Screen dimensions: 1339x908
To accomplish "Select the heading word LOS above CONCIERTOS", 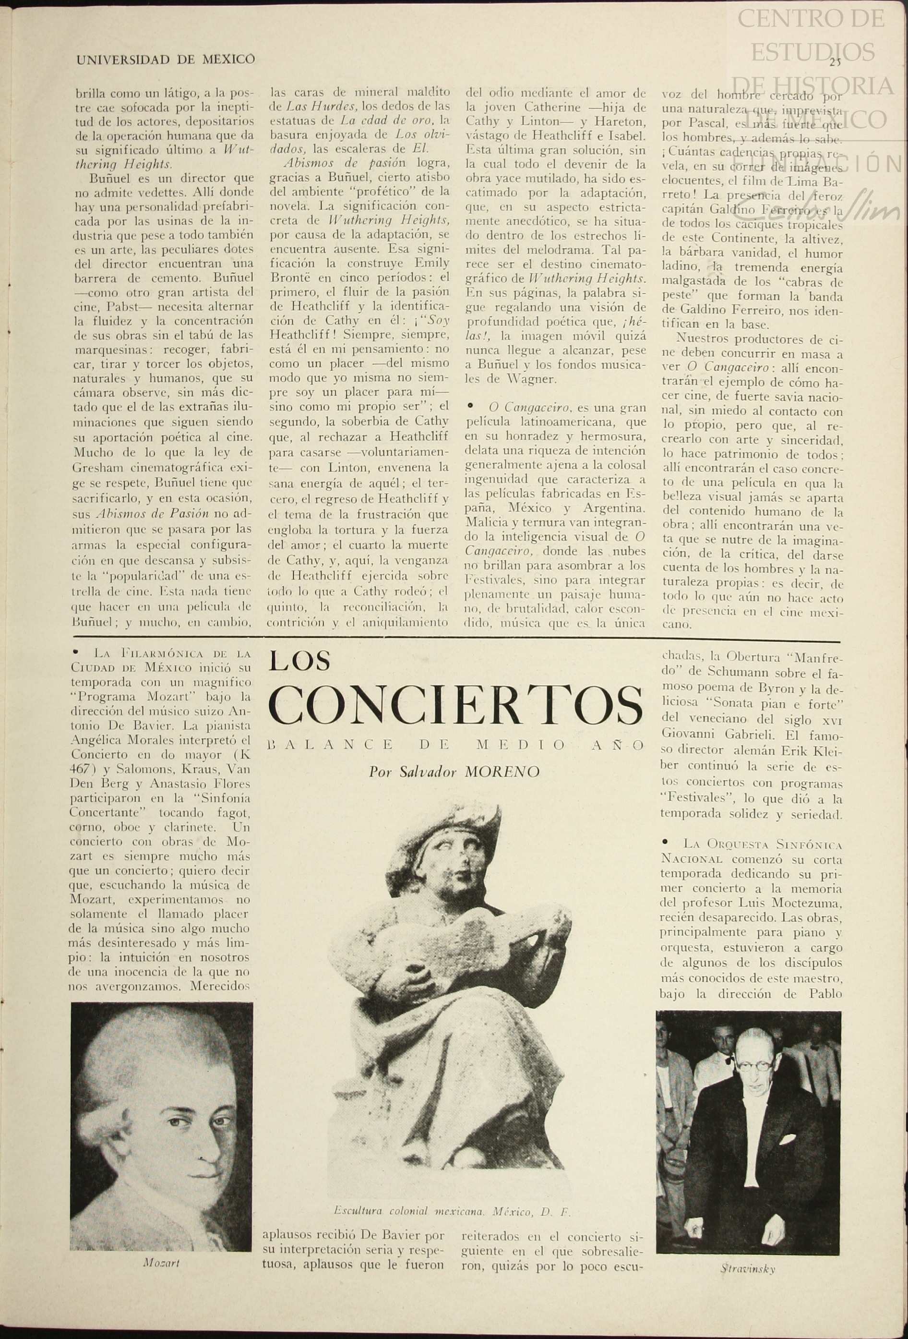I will (x=300, y=662).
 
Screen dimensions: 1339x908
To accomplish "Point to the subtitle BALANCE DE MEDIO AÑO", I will (x=455, y=745).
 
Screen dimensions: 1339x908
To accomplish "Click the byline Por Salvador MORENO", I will (x=454, y=772).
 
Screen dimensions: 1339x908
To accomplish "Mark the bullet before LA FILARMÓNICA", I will (x=75, y=653).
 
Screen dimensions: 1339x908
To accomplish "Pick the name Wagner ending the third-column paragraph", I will (x=531, y=379).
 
